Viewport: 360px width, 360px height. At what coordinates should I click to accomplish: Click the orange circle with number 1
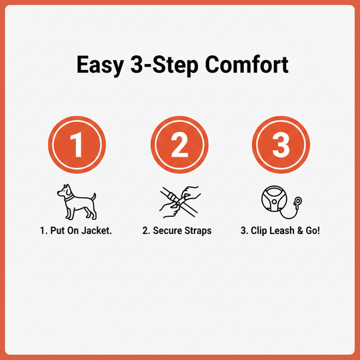click(78, 145)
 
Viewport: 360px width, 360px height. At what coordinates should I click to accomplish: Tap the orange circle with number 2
click(179, 145)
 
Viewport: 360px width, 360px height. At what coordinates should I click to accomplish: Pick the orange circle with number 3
click(281, 145)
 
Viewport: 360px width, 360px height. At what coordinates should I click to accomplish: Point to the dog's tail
click(93, 197)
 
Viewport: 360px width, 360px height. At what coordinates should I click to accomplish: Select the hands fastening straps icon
click(179, 203)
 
